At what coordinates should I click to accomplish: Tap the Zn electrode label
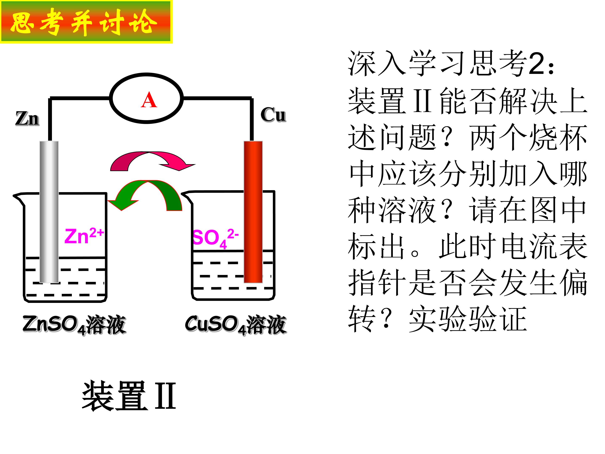coord(27,119)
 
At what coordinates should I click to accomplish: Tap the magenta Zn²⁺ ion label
coord(84,236)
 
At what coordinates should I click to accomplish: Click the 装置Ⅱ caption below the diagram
coord(129,396)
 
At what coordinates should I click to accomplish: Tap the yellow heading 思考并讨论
coord(84,22)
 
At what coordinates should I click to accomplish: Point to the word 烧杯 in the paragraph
coord(558,137)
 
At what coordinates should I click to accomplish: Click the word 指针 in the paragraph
coord(377,282)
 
